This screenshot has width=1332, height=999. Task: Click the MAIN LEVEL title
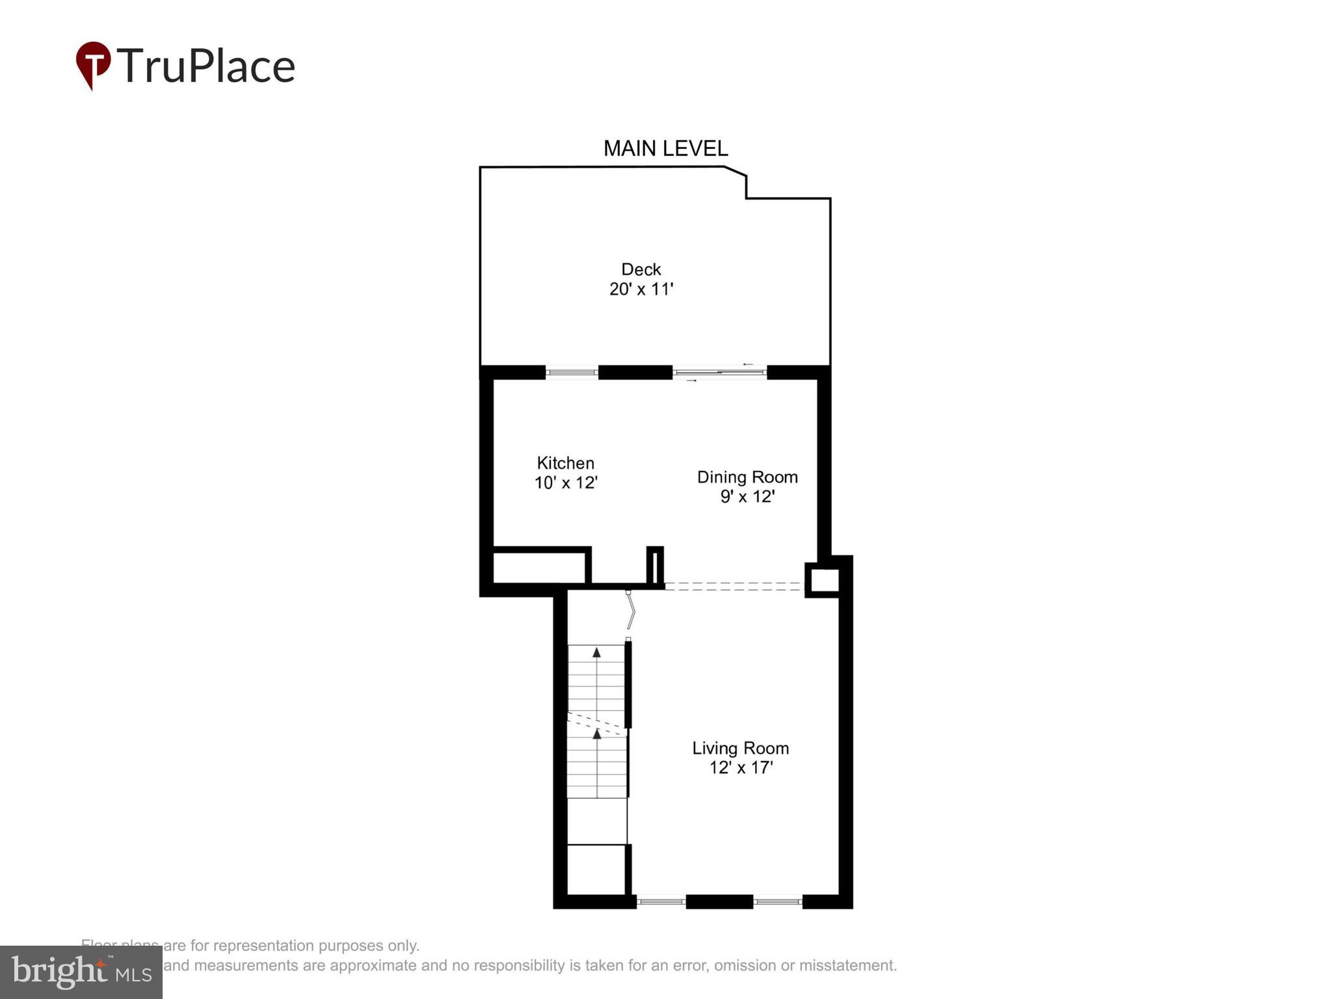click(665, 149)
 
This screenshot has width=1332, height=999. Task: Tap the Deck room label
click(641, 269)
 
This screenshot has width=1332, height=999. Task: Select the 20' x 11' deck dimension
click(641, 289)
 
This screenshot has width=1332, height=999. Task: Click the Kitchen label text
click(565, 463)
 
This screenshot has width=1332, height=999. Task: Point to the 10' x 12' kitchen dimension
click(565, 483)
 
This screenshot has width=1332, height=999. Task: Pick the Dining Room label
click(747, 477)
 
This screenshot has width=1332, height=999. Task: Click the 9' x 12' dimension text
click(747, 497)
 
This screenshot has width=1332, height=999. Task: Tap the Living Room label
click(740, 748)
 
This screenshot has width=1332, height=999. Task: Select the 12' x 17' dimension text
click(740, 768)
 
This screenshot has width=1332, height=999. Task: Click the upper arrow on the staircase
click(596, 652)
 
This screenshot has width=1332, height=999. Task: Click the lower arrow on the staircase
click(596, 734)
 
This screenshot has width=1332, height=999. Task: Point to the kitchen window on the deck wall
click(571, 373)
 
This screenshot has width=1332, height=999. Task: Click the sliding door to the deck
click(719, 373)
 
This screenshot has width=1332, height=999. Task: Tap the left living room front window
click(661, 901)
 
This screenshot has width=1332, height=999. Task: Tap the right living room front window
click(778, 901)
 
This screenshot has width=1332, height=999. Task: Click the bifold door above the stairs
click(630, 610)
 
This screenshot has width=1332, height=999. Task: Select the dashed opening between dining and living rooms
click(734, 586)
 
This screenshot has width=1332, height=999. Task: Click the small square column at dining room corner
click(823, 580)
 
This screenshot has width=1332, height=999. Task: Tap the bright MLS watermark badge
click(81, 972)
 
